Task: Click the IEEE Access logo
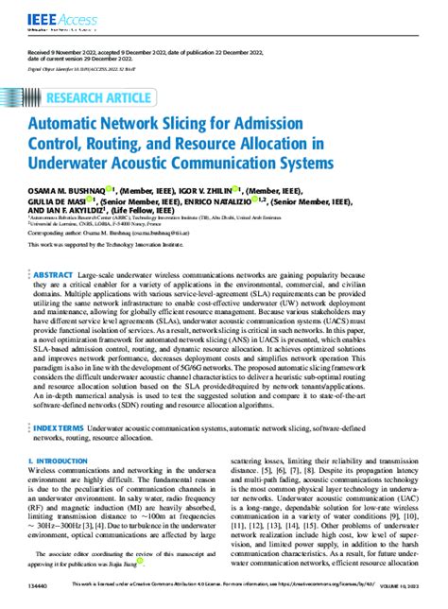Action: point(48,13)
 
